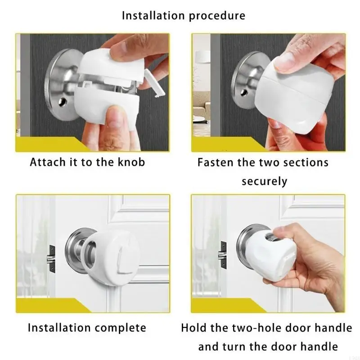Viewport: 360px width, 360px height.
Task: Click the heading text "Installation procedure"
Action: tap(184, 16)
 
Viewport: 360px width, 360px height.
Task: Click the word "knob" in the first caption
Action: tap(130, 162)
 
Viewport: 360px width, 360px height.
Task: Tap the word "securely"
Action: tap(264, 181)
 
